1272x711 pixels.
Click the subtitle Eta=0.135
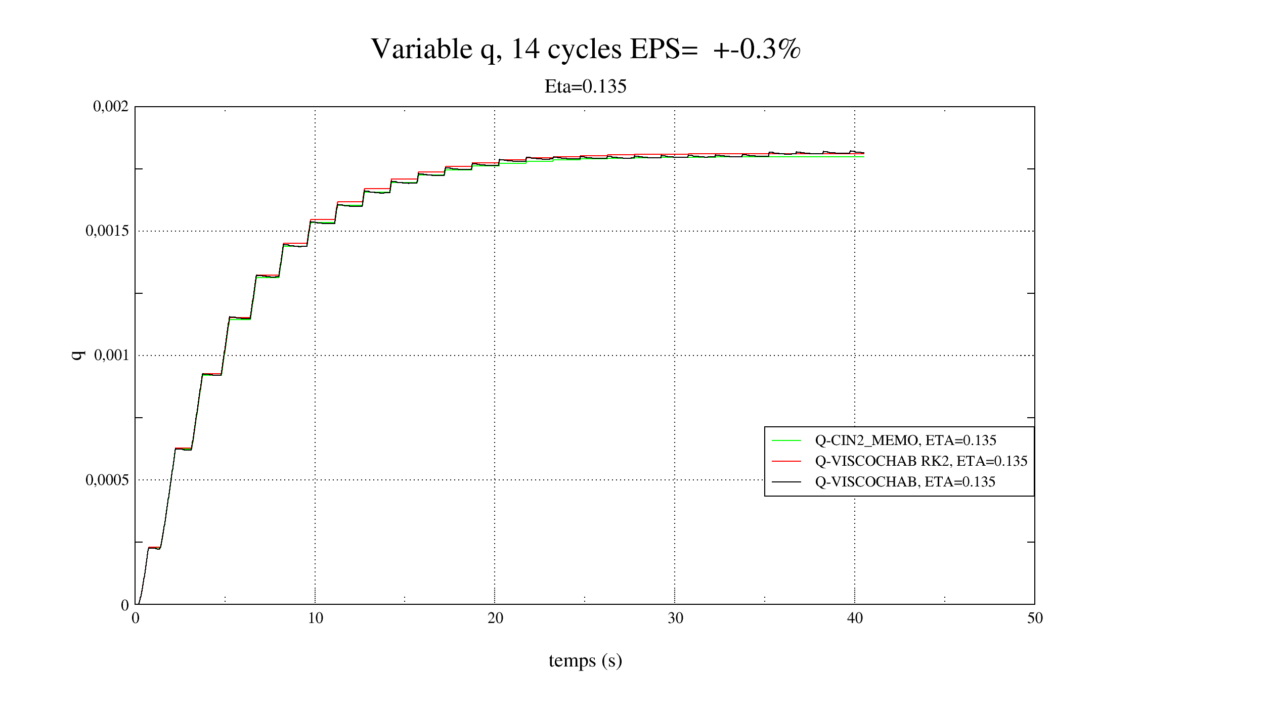[x=585, y=86]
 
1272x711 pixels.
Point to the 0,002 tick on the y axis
[x=111, y=106]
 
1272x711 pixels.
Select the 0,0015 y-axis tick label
[x=107, y=231]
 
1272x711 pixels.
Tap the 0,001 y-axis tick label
[x=111, y=355]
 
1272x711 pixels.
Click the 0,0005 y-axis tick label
[x=107, y=479]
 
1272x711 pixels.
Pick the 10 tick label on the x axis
[x=316, y=618]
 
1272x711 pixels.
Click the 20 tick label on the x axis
[x=495, y=618]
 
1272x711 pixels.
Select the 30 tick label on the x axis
[x=675, y=618]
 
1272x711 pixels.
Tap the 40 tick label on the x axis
[x=855, y=618]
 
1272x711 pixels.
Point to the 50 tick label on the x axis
[x=1035, y=618]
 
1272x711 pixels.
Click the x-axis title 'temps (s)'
[x=585, y=660]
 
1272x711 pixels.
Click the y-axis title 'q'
[x=77, y=355]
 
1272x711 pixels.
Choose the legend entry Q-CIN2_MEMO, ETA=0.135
[x=905, y=440]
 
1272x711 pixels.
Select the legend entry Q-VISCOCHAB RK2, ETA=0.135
[x=921, y=461]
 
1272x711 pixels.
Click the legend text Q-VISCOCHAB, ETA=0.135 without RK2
[x=905, y=482]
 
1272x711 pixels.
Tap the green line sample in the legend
[x=786, y=441]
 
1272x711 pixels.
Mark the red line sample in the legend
[x=786, y=461]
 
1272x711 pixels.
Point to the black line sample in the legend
[x=786, y=482]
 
